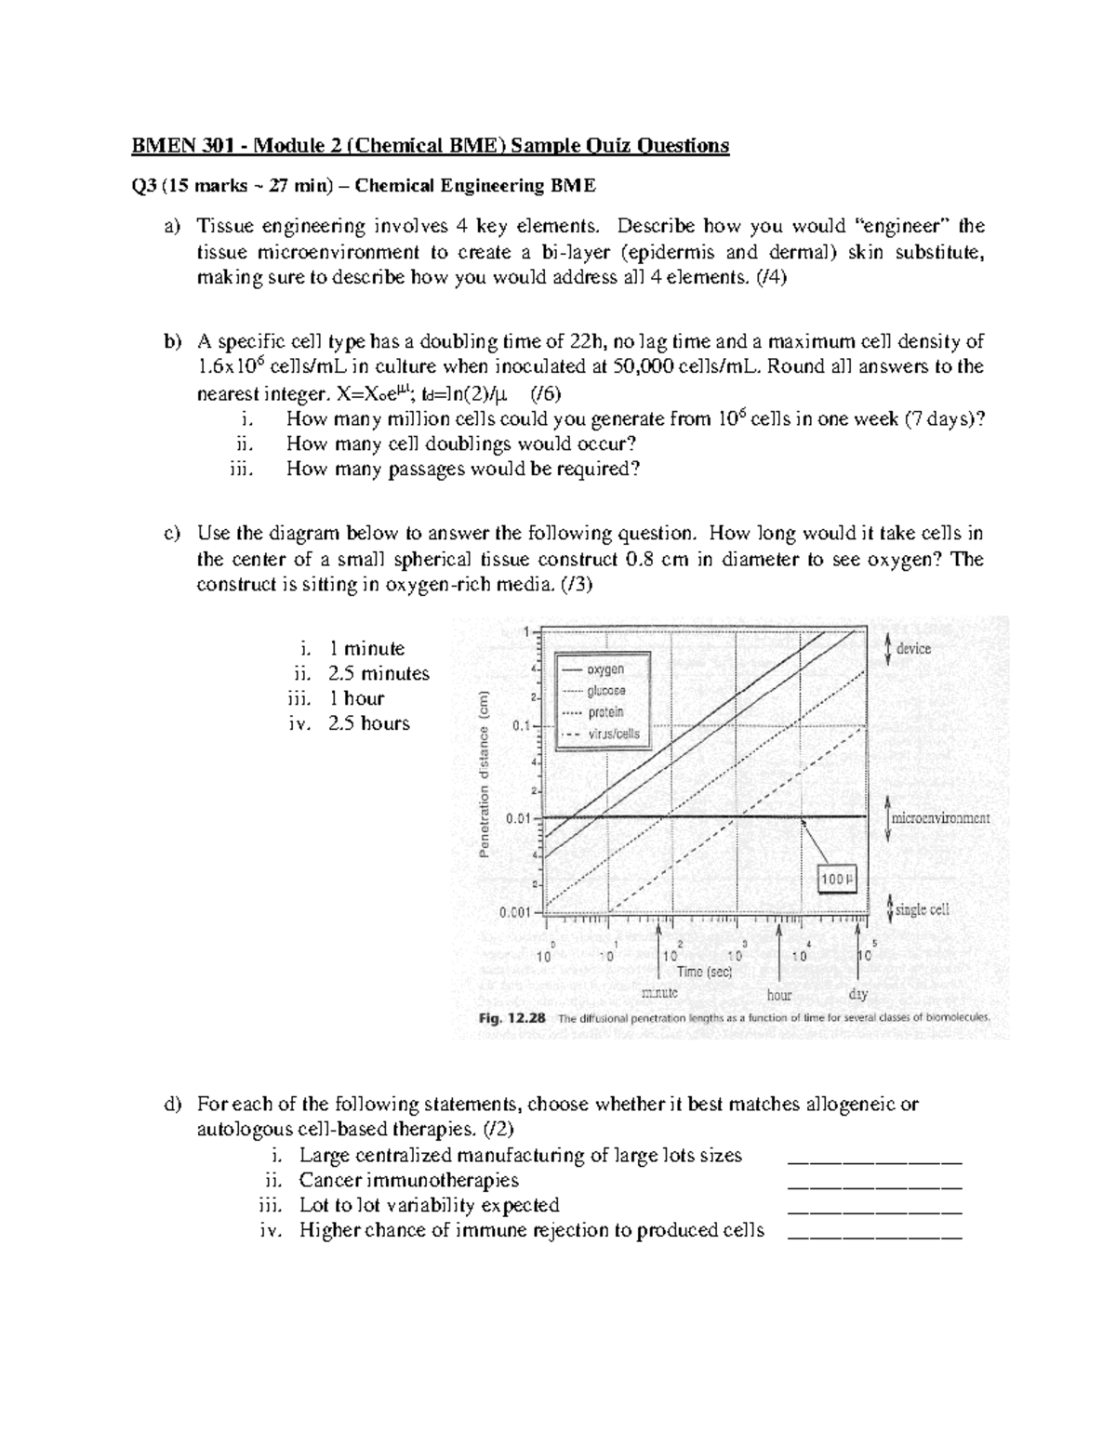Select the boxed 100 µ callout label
(x=836, y=879)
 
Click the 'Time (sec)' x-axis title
(x=704, y=972)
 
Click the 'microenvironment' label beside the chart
(x=940, y=818)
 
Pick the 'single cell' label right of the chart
(x=922, y=909)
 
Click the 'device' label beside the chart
(x=913, y=649)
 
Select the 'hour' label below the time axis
(x=779, y=995)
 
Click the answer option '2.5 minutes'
(x=379, y=673)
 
